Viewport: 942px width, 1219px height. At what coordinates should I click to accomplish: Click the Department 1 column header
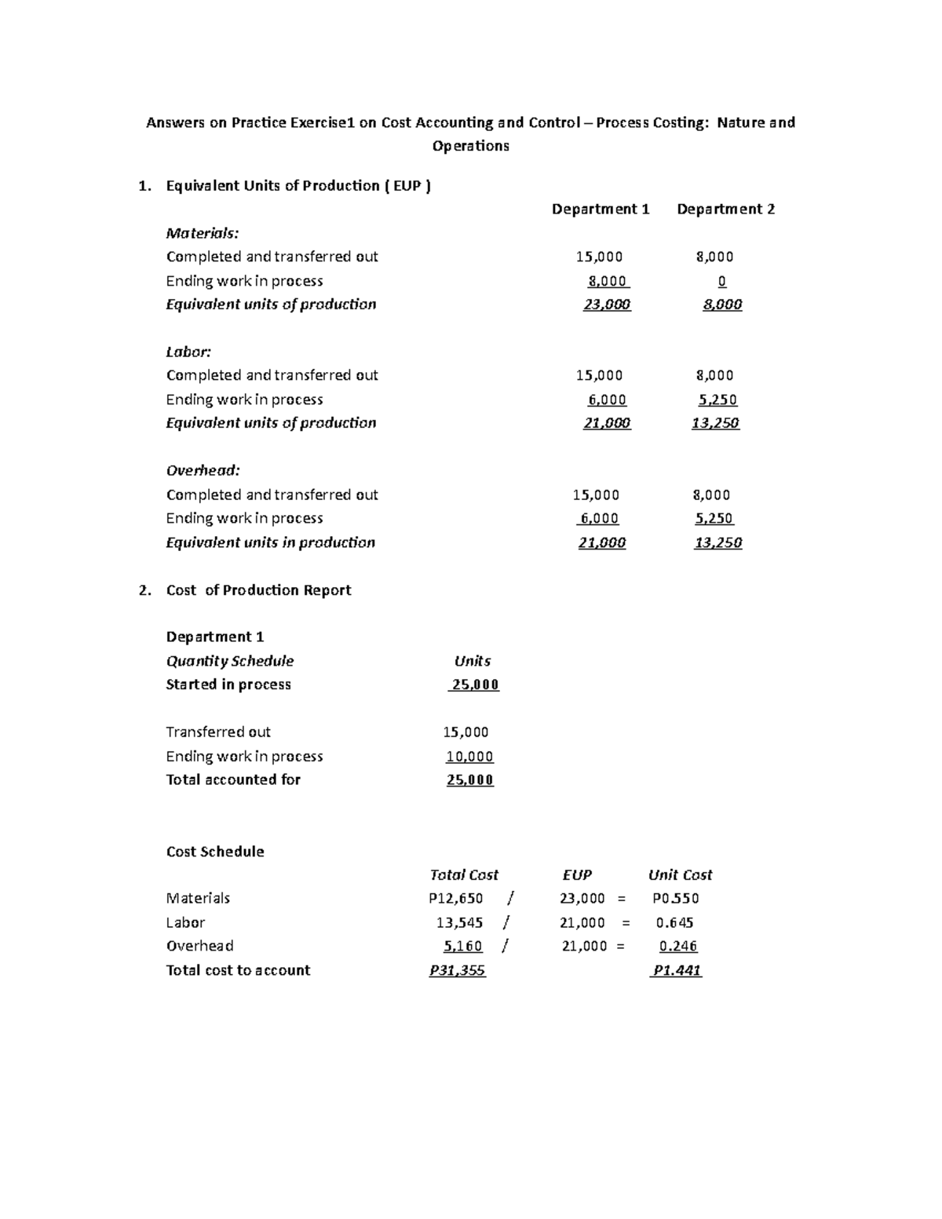[x=601, y=209]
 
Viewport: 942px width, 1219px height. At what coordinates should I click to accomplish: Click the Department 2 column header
[x=725, y=209]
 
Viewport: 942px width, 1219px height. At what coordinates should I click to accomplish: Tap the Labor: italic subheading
[x=188, y=352]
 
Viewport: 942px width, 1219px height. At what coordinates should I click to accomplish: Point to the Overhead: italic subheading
[x=203, y=470]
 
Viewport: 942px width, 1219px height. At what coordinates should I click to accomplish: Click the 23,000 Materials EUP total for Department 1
[x=607, y=305]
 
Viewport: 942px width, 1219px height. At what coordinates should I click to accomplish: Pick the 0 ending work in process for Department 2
[x=721, y=281]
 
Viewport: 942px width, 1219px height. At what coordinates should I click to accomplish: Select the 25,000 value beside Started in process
[x=474, y=684]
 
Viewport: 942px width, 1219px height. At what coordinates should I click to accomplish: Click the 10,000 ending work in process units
[x=469, y=757]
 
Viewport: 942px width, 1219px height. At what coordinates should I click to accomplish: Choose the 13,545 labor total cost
[x=459, y=922]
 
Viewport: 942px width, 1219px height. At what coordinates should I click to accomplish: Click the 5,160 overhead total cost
[x=462, y=946]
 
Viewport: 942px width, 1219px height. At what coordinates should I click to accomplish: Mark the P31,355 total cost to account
[x=457, y=970]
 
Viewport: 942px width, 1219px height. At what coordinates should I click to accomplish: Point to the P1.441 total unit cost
[x=677, y=970]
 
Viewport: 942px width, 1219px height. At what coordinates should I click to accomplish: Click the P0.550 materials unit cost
[x=675, y=898]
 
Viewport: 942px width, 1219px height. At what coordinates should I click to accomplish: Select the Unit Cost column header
[x=680, y=874]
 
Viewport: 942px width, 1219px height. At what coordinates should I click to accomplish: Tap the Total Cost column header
[x=464, y=874]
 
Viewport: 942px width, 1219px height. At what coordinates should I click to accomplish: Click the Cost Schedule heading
[x=215, y=852]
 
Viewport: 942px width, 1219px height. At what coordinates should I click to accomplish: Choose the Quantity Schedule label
[x=229, y=661]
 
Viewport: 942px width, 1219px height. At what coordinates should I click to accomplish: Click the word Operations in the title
[x=471, y=146]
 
